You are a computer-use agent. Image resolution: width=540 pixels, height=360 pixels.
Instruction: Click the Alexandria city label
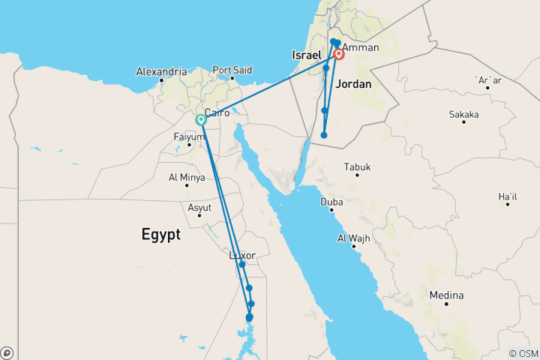[160, 72]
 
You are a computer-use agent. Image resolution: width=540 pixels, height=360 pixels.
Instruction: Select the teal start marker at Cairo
[201, 120]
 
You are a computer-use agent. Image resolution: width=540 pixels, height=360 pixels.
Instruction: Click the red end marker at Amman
[339, 54]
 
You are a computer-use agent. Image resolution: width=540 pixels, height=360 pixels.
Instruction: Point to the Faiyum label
[189, 136]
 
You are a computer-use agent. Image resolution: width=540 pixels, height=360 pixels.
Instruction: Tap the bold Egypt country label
[160, 235]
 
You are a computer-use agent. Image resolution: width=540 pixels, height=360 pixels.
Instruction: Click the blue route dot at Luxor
[242, 265]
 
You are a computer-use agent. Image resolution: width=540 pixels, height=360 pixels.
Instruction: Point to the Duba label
[331, 202]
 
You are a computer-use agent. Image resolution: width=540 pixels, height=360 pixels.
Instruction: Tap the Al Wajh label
[352, 238]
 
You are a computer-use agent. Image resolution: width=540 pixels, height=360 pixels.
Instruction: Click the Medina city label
[446, 295]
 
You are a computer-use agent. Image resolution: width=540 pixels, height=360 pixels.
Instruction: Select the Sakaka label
[463, 114]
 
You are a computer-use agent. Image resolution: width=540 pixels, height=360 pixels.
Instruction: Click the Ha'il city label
[508, 196]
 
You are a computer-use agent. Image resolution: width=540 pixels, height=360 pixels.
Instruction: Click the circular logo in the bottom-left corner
[7, 352]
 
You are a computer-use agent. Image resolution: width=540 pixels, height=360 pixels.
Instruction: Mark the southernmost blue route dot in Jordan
[324, 135]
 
